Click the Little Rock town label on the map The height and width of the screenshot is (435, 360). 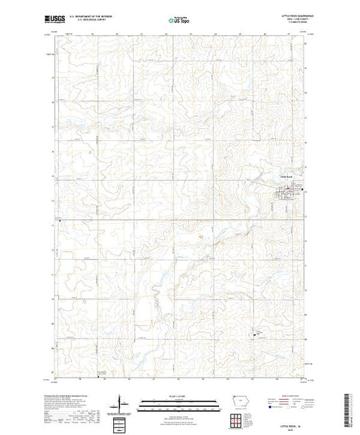[285, 175]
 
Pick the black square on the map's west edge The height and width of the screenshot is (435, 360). [59, 221]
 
